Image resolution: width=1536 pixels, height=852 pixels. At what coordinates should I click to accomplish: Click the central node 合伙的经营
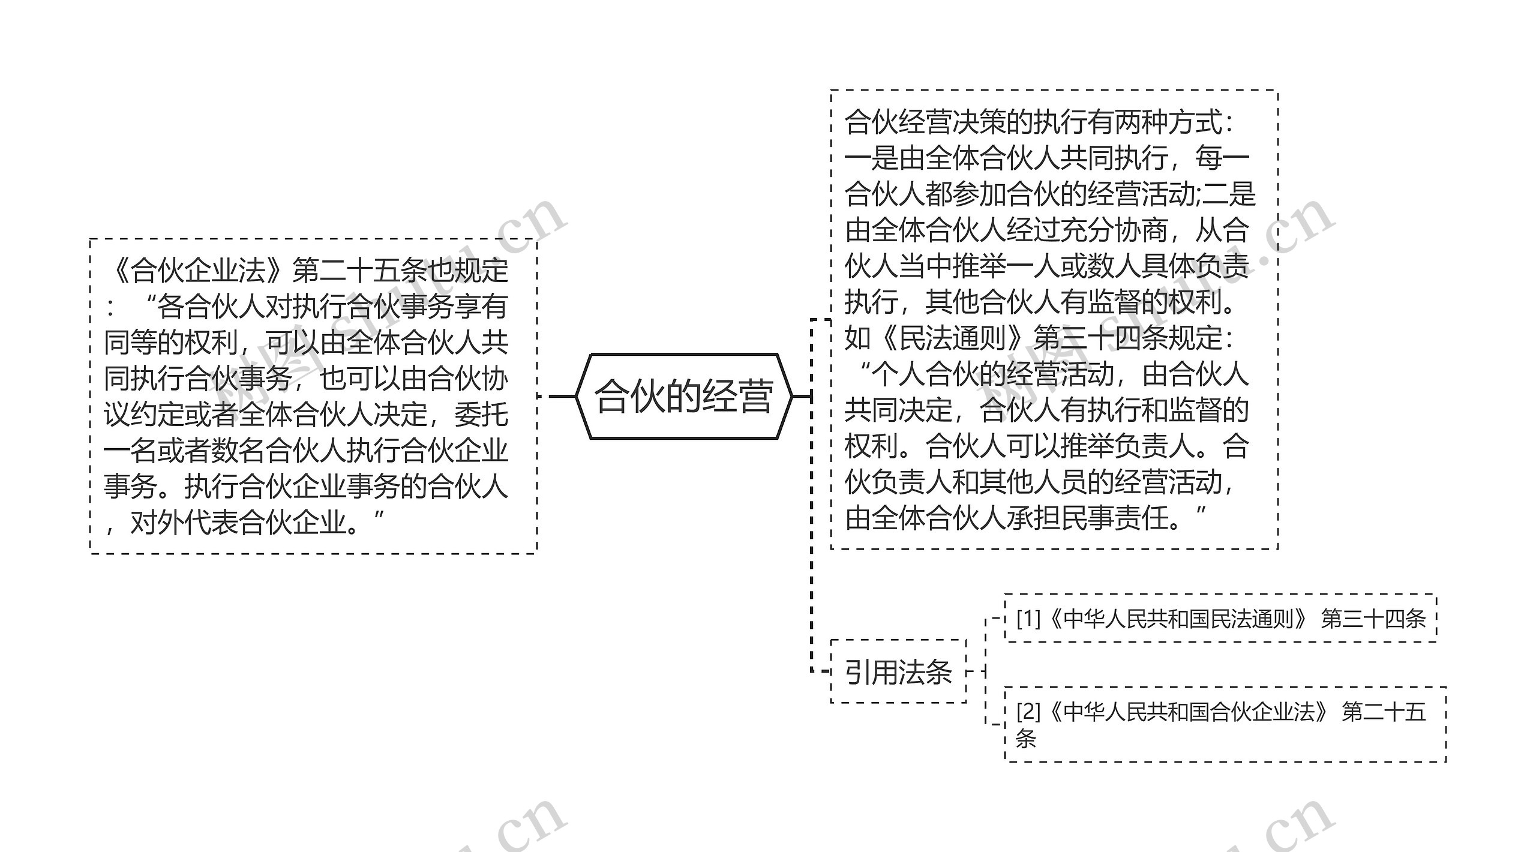pyautogui.click(x=684, y=397)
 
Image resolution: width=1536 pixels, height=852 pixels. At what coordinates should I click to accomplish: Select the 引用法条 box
pyautogui.click(x=898, y=671)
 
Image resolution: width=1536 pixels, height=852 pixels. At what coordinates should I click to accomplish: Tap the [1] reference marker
pyautogui.click(x=1028, y=619)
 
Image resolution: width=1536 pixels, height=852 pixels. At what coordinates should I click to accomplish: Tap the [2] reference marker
pyautogui.click(x=1028, y=712)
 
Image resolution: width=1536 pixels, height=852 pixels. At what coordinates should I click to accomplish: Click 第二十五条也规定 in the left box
pyautogui.click(x=400, y=270)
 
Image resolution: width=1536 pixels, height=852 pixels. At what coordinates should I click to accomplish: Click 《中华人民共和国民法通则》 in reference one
pyautogui.click(x=1176, y=619)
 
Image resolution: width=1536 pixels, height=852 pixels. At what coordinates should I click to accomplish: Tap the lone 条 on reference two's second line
pyautogui.click(x=1025, y=739)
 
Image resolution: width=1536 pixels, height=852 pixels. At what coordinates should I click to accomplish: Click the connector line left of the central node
pyautogui.click(x=561, y=396)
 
